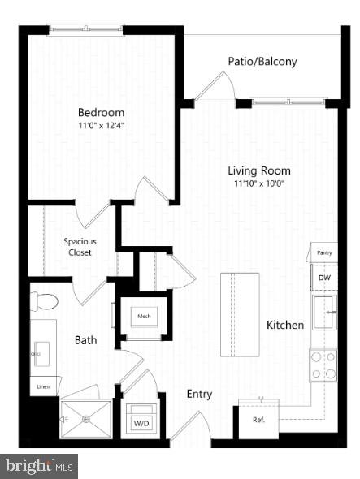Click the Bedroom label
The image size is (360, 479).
(101, 112)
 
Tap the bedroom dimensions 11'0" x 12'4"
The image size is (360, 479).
(101, 126)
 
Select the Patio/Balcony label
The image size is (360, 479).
(261, 61)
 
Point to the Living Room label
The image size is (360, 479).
(258, 170)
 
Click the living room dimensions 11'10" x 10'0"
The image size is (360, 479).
(258, 183)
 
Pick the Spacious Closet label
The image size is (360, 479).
(78, 247)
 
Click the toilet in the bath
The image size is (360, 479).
(46, 302)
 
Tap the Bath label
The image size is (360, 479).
(87, 340)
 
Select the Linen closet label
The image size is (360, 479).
(42, 387)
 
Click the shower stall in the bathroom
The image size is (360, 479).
(85, 419)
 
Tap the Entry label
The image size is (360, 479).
(199, 394)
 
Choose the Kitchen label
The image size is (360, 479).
(285, 325)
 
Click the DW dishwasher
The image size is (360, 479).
(324, 278)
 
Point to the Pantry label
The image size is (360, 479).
(323, 253)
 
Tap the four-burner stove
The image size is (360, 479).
(323, 365)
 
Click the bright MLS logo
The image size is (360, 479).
(39, 466)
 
